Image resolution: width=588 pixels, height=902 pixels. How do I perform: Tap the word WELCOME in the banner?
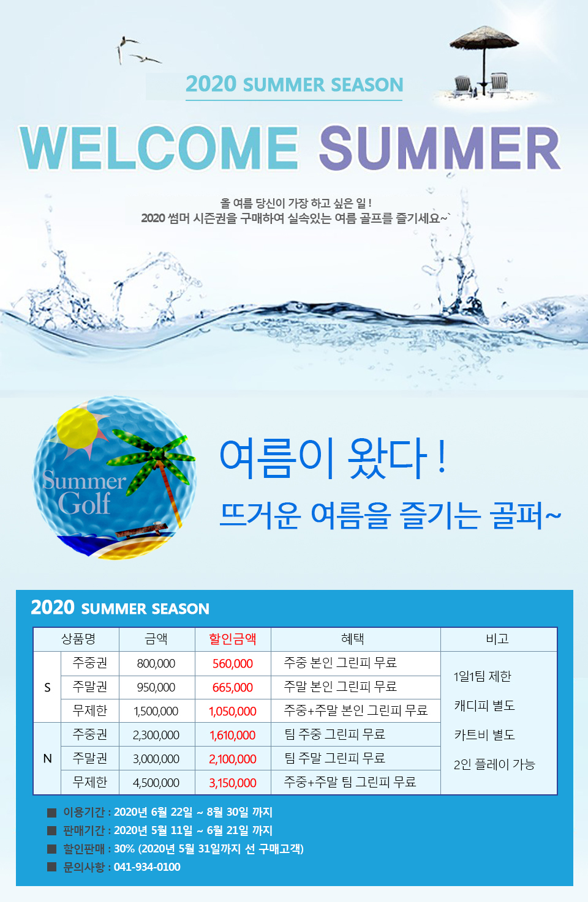(x=159, y=147)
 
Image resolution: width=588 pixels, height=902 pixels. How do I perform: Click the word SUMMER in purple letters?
(x=440, y=147)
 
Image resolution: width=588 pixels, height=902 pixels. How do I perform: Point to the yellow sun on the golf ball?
(x=77, y=428)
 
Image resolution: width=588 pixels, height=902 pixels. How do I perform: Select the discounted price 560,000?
(x=233, y=663)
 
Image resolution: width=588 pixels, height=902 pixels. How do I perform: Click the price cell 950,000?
(x=156, y=687)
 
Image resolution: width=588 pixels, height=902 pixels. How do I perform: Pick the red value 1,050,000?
(x=233, y=711)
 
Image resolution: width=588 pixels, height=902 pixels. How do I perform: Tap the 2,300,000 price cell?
(x=156, y=735)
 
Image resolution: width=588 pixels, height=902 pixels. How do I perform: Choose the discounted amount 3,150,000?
(x=233, y=783)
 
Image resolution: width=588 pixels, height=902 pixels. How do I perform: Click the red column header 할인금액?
(x=233, y=639)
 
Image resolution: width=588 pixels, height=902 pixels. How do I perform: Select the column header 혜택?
(x=353, y=639)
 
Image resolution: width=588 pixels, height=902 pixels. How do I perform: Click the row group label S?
(x=47, y=687)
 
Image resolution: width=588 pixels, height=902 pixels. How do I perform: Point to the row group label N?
(x=48, y=759)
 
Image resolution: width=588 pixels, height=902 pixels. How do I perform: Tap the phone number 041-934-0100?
(x=147, y=867)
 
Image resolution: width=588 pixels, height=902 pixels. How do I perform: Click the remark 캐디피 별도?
(x=484, y=706)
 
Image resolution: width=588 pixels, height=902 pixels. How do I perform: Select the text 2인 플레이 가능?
(x=494, y=764)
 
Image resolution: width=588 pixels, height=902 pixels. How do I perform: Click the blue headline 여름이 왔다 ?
(x=333, y=458)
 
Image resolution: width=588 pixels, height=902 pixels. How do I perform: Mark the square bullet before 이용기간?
(x=51, y=813)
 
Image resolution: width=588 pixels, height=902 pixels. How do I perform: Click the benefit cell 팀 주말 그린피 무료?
(x=334, y=758)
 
